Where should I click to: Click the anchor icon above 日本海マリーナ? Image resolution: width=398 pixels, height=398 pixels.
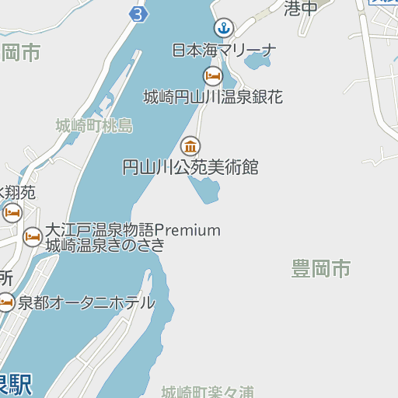225,29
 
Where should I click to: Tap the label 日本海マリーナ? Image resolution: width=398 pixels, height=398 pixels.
224,51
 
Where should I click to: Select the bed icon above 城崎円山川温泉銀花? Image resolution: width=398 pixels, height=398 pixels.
213,75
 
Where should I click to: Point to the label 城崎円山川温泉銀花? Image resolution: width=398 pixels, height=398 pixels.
213,97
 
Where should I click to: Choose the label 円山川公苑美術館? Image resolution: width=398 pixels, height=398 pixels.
190,167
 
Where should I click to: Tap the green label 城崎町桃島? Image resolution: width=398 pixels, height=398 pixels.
94,125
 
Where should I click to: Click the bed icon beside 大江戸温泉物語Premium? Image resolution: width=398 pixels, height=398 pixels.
33,236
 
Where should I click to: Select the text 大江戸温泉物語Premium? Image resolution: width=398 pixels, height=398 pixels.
133,230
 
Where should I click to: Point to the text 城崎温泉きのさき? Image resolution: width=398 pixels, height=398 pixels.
106,246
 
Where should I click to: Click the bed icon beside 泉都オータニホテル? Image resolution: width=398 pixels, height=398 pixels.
6,303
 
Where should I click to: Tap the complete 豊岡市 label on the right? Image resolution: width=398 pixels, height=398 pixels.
321,270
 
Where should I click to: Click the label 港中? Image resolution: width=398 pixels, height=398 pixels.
302,9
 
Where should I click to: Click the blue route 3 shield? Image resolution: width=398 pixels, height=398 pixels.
138,14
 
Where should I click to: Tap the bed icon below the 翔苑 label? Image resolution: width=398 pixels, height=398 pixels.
12,212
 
